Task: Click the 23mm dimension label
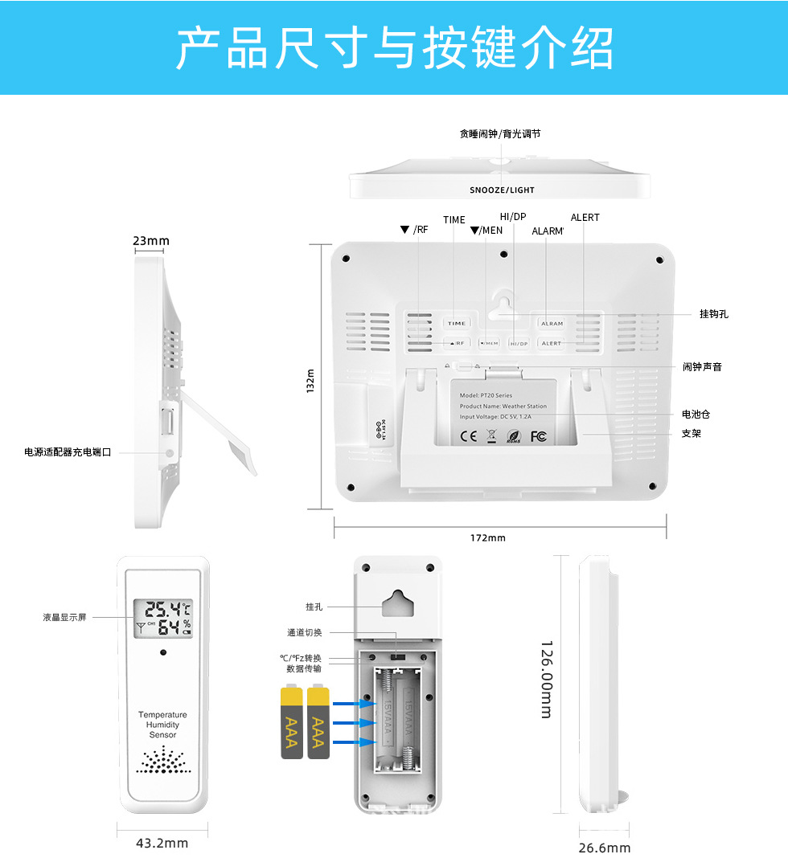coord(151,241)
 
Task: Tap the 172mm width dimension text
coord(488,537)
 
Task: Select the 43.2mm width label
coord(162,843)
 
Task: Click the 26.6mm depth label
coord(605,848)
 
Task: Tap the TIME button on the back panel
coord(457,323)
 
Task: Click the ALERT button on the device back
coord(552,343)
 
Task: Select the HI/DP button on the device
coord(519,343)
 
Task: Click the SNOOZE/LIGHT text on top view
coord(502,190)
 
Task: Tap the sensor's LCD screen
coord(163,619)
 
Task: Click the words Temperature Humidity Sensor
coord(162,725)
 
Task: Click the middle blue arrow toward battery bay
coord(354,723)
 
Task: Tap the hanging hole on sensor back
coord(397,604)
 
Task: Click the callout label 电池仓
coord(696,415)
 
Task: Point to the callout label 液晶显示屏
coord(64,617)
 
